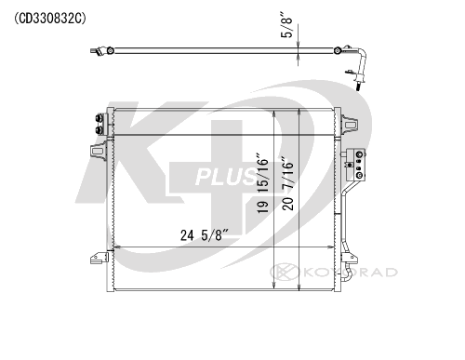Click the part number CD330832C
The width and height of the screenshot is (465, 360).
(50, 19)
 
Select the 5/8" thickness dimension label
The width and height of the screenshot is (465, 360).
(286, 25)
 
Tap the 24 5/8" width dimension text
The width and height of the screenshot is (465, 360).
(205, 235)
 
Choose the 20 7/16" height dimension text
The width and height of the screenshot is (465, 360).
(287, 184)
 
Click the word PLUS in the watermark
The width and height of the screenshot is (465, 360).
(226, 177)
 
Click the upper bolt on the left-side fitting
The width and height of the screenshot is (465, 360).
(100, 119)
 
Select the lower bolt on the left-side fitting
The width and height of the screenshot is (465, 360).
(100, 130)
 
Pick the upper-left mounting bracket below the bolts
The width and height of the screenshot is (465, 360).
(98, 151)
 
